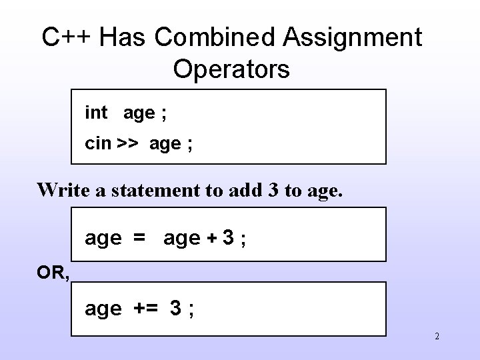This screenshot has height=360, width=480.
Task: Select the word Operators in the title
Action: [231, 69]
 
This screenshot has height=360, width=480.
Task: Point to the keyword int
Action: [96, 113]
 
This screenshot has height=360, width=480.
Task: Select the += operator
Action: [146, 309]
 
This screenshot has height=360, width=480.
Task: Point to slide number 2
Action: [437, 337]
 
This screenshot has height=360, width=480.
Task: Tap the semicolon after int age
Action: [164, 113]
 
